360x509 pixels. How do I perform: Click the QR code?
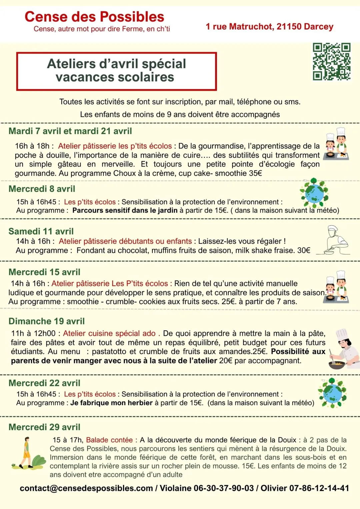click(331, 62)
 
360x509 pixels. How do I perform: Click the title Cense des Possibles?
click(94, 17)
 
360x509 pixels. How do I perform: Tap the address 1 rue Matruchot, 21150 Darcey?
click(269, 27)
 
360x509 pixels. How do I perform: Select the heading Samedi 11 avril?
click(41, 231)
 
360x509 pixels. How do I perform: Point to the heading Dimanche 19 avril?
click(47, 321)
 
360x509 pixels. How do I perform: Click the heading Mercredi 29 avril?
click(44, 427)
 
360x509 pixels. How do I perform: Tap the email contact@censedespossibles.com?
click(86, 488)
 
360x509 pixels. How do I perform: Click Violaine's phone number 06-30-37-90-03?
click(224, 488)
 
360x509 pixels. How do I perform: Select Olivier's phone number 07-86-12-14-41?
click(319, 488)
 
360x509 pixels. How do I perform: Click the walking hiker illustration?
click(28, 453)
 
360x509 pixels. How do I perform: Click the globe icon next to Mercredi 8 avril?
click(314, 193)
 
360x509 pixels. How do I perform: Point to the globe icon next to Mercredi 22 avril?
click(332, 393)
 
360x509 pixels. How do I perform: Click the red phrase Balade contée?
click(109, 440)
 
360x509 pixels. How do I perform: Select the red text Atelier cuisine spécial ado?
click(109, 334)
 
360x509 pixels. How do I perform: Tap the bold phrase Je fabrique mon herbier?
click(111, 403)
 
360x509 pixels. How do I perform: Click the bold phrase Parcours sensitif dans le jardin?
click(125, 210)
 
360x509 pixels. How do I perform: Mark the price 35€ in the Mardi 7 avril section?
click(255, 173)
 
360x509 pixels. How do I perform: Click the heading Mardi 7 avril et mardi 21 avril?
click(70, 131)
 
